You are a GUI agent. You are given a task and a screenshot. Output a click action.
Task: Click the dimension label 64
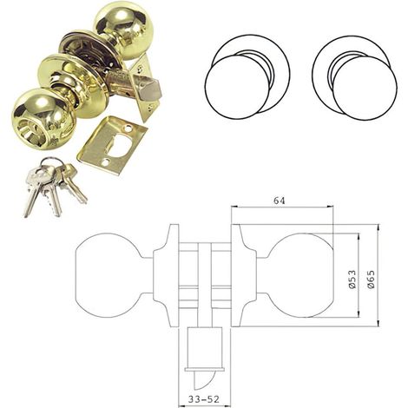point(280,201)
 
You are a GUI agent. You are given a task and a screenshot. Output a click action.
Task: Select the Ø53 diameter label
point(352,280)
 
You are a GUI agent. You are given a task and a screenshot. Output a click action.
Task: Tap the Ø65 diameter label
point(371,279)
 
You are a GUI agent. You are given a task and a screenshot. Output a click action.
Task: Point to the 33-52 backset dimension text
point(203,399)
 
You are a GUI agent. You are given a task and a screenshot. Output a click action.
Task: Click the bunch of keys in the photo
point(54,186)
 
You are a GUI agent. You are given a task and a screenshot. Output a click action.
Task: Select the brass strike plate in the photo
point(112,146)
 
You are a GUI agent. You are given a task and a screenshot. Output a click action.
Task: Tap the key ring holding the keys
point(49,162)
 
